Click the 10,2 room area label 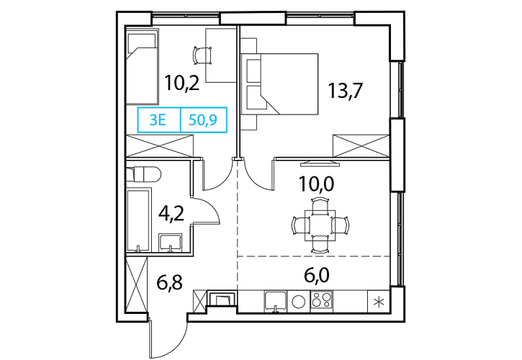click(x=182, y=84)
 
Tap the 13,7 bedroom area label click(x=345, y=91)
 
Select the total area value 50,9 click(x=203, y=120)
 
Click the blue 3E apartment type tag click(x=158, y=120)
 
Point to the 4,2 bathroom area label click(x=171, y=214)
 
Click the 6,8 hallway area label click(x=169, y=283)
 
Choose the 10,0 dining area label click(x=316, y=184)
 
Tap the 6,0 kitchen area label click(x=317, y=276)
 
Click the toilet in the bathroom click(x=144, y=174)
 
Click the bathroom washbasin click(x=171, y=242)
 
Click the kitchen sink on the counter click(x=275, y=302)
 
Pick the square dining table click(x=320, y=225)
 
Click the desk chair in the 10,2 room click(x=202, y=55)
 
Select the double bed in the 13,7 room click(x=279, y=84)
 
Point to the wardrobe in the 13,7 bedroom click(x=361, y=145)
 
